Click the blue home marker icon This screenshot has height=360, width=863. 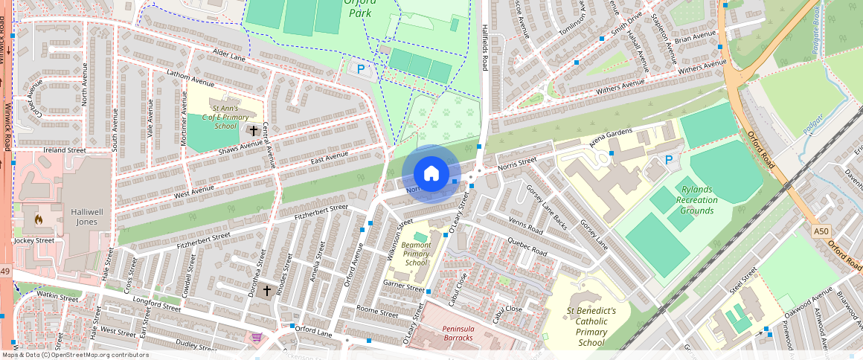(x=431, y=174)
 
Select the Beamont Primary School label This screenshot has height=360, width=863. (x=416, y=254)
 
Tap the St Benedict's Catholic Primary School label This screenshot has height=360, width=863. (x=591, y=327)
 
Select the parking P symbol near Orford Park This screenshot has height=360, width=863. (x=361, y=69)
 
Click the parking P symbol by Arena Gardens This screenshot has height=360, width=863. (x=668, y=159)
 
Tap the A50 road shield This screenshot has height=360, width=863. (x=821, y=231)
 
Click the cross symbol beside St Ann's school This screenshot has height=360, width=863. (x=254, y=131)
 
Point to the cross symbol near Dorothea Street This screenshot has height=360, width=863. (x=266, y=291)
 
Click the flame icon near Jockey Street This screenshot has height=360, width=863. (x=38, y=219)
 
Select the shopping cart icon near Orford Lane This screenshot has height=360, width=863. (x=257, y=338)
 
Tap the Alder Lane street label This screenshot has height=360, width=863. (x=228, y=57)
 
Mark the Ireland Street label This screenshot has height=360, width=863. (x=65, y=150)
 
